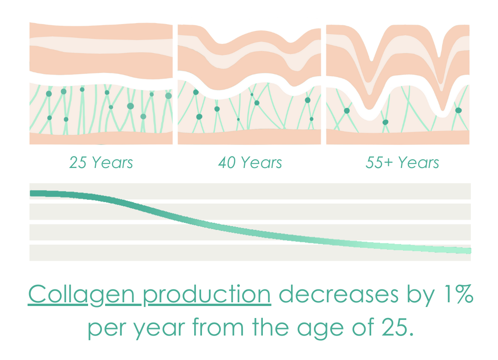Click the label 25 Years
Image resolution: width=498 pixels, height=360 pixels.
(x=101, y=162)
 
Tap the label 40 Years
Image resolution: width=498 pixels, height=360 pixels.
(x=250, y=162)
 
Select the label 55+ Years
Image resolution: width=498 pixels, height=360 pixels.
(x=402, y=162)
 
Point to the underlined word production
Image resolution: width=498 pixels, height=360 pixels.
(x=207, y=295)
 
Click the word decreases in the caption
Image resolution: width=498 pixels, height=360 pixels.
(x=338, y=294)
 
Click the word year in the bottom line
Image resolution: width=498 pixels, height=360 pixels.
(x=159, y=329)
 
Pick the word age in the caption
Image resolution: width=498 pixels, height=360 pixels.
(x=320, y=329)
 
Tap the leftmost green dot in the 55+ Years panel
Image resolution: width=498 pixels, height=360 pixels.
(x=347, y=111)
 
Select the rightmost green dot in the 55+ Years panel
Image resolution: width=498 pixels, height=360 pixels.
(x=458, y=110)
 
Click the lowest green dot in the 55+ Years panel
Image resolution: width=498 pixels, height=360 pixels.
(x=385, y=122)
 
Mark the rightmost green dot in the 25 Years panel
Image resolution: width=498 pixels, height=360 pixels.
(x=168, y=96)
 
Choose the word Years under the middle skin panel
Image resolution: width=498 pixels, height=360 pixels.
(x=261, y=162)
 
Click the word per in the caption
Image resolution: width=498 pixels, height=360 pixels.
(x=106, y=329)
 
